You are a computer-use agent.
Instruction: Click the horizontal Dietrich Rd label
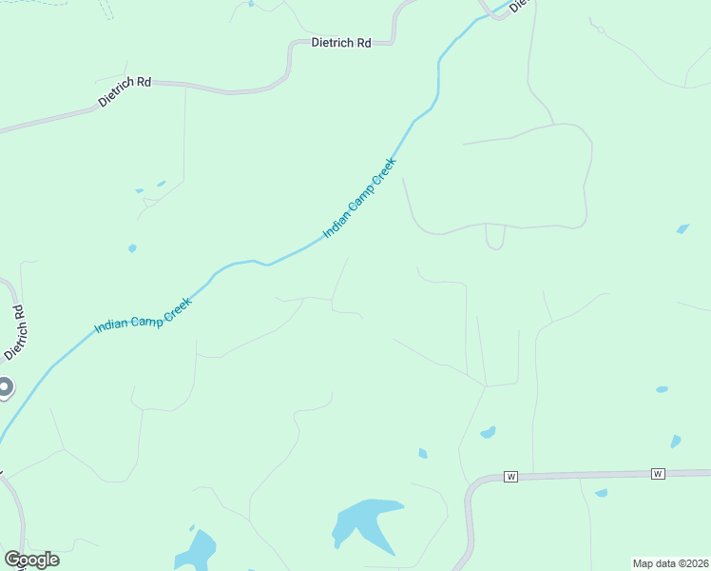341,43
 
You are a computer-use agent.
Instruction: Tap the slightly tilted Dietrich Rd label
125,91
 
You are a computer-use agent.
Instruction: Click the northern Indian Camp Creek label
360,198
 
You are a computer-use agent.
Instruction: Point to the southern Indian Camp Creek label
144,315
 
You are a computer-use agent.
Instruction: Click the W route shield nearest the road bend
510,476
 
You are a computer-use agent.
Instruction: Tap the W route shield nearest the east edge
657,473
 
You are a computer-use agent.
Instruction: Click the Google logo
31,560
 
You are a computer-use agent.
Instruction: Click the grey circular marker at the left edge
5,387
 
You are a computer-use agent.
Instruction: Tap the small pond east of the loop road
682,228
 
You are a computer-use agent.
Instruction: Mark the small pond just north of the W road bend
488,433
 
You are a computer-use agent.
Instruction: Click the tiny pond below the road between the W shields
601,493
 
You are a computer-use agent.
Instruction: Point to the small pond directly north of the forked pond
423,454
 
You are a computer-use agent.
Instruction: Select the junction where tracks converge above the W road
486,385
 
